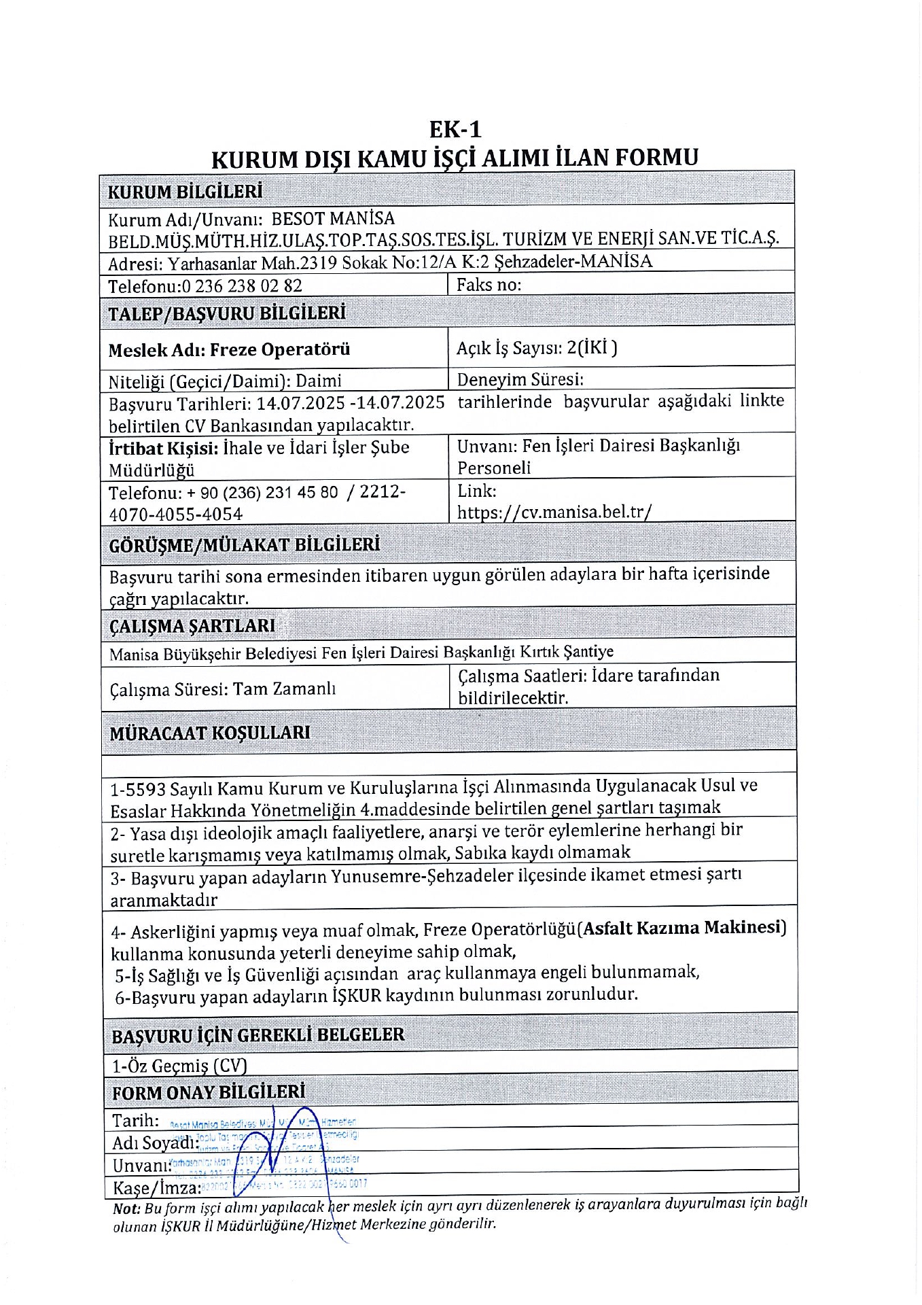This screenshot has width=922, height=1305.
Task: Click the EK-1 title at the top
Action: (455, 129)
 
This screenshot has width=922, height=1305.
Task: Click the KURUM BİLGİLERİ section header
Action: (185, 192)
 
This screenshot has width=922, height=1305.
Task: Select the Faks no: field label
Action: (489, 285)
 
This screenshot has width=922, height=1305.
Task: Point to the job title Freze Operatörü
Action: (279, 350)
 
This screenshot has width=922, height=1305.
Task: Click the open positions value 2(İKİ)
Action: (592, 348)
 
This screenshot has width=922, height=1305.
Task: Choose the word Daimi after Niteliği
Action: (319, 381)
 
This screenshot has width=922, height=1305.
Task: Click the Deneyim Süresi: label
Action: (520, 379)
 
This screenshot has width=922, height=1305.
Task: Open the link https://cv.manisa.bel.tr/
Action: (554, 512)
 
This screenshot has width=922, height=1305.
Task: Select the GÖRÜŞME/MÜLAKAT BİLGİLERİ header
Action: (244, 545)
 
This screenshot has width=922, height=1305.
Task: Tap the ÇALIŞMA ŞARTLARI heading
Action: (192, 626)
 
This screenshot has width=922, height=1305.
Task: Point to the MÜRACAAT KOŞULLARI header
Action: (210, 733)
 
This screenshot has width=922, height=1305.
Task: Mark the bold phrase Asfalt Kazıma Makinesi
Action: (684, 928)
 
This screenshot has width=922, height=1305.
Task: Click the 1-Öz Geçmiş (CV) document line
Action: (179, 1066)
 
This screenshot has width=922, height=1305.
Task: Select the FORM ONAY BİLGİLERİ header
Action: (209, 1093)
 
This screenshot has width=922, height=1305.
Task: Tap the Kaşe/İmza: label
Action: (156, 1188)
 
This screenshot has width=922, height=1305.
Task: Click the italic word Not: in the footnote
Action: (126, 1209)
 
